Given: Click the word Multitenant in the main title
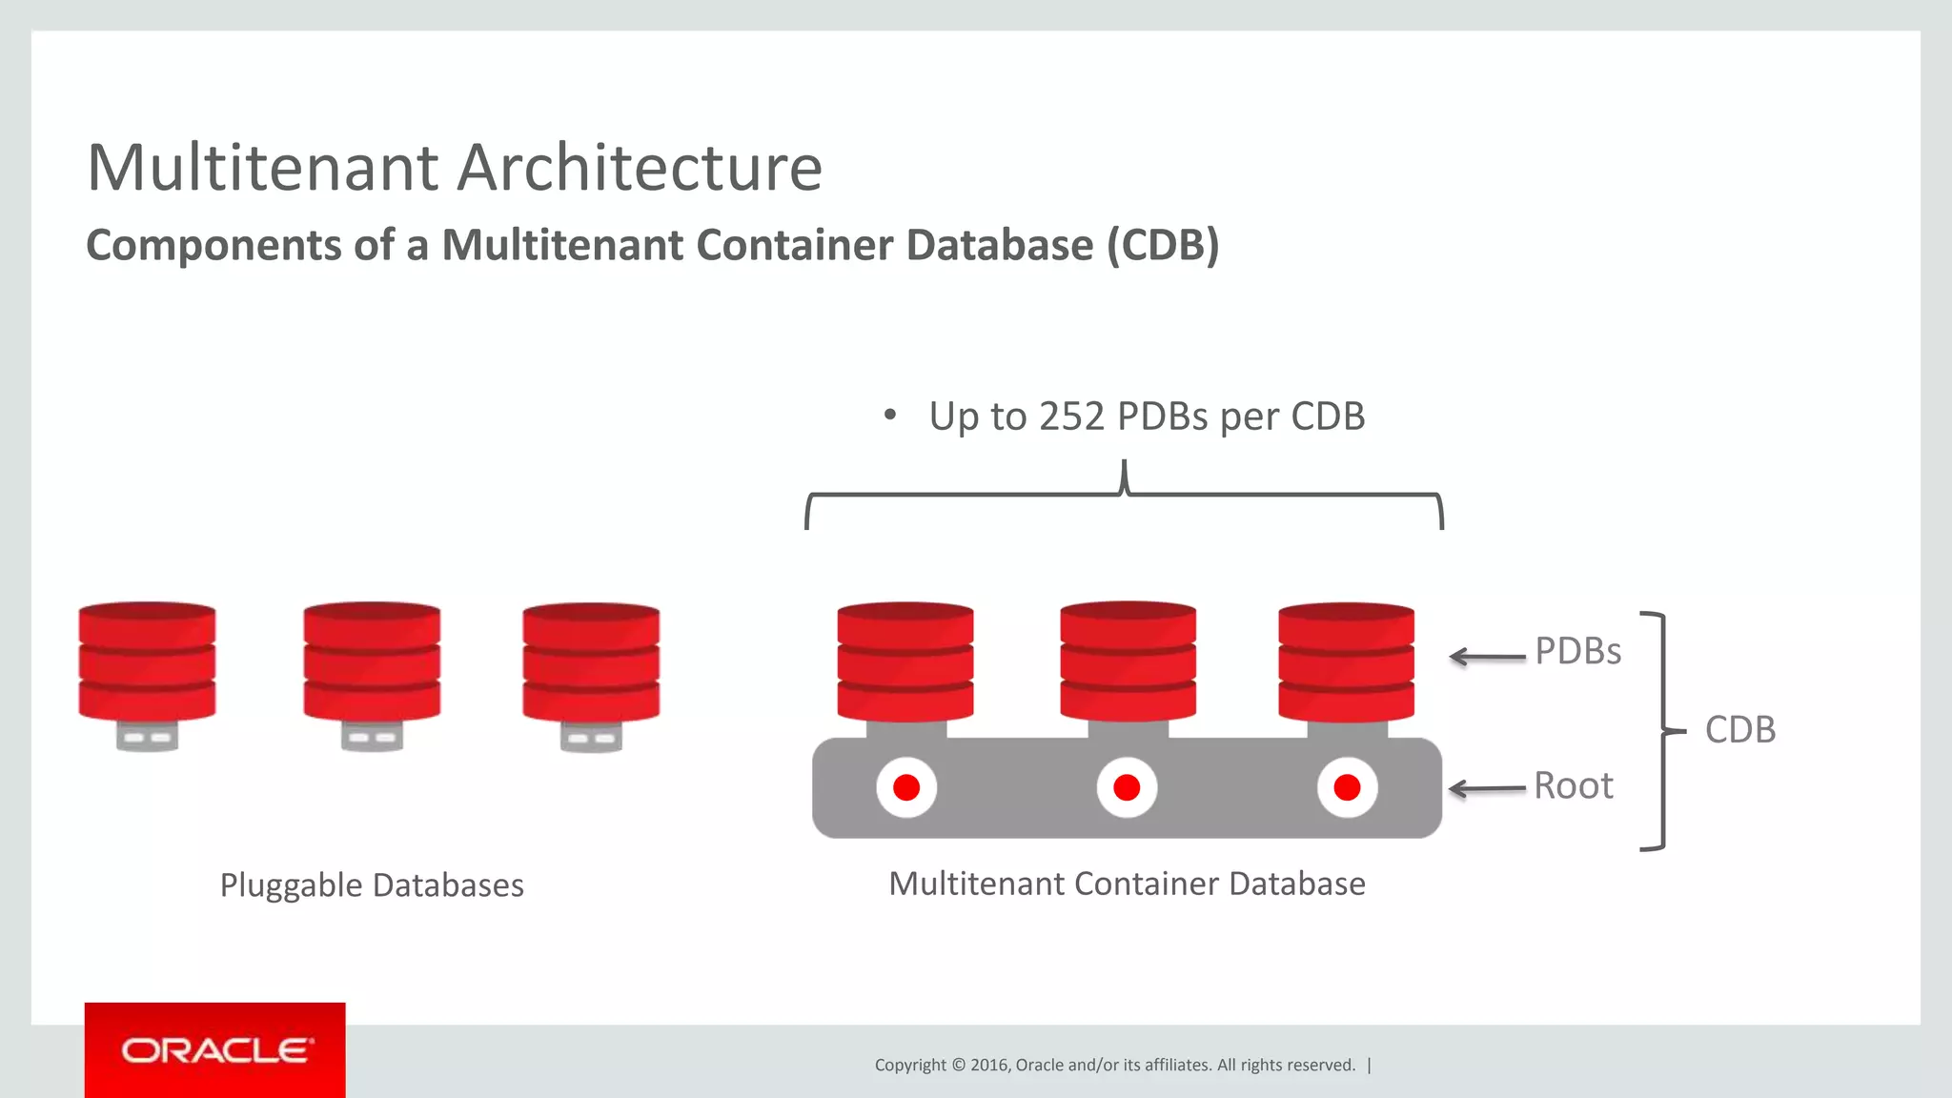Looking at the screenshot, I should (262, 168).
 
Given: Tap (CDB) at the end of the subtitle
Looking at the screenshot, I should (1163, 245).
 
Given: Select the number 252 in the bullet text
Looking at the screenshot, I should (1071, 417).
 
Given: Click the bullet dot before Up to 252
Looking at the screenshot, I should (889, 415).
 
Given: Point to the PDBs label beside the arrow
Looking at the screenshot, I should (1577, 651).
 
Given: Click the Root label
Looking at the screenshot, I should (1573, 786).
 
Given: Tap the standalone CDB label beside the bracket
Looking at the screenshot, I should (1739, 730).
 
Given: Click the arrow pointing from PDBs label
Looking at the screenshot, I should (1487, 657).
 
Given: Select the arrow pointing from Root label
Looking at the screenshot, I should (1487, 789).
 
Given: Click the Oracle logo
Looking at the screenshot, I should (215, 1050).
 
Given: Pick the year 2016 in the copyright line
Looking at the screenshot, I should (988, 1065).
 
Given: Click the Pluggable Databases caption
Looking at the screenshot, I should (372, 885).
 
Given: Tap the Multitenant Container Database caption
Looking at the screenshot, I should (1127, 884).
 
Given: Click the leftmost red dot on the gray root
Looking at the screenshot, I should (906, 788).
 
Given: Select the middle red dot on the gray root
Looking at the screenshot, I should (1127, 788).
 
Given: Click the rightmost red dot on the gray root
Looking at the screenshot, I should (1347, 788).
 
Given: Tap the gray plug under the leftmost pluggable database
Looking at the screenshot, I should (147, 736).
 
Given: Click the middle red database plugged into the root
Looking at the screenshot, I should (1128, 661).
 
